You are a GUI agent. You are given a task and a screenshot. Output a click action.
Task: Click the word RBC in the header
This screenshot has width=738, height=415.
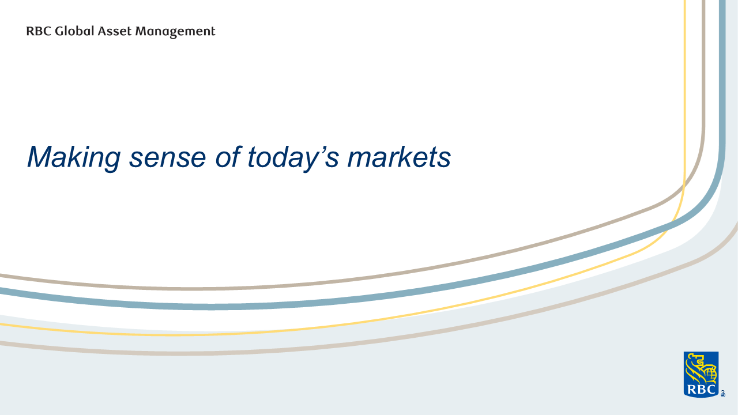click(x=39, y=31)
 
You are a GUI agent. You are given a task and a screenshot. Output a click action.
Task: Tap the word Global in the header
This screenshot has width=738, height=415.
click(x=75, y=31)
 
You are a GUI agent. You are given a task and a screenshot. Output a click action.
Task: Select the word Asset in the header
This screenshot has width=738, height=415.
click(x=115, y=31)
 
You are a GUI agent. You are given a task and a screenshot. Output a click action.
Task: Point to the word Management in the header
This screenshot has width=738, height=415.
click(x=175, y=32)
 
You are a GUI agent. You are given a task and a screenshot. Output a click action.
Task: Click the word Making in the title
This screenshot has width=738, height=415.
click(x=74, y=158)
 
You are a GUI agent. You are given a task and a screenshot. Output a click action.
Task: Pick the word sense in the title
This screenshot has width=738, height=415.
click(x=167, y=160)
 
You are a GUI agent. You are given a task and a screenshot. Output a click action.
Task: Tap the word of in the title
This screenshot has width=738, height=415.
click(x=228, y=157)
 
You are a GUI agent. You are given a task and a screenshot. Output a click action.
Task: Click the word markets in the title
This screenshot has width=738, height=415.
click(x=399, y=157)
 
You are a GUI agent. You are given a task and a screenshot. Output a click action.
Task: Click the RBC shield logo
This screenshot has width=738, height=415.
click(x=701, y=375)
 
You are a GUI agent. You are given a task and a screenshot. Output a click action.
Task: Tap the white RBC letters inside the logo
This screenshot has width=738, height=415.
click(x=701, y=390)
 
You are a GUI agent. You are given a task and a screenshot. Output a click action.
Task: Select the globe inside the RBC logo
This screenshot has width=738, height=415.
click(x=709, y=374)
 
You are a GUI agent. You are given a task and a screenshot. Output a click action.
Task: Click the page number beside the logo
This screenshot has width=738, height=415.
click(x=723, y=394)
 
